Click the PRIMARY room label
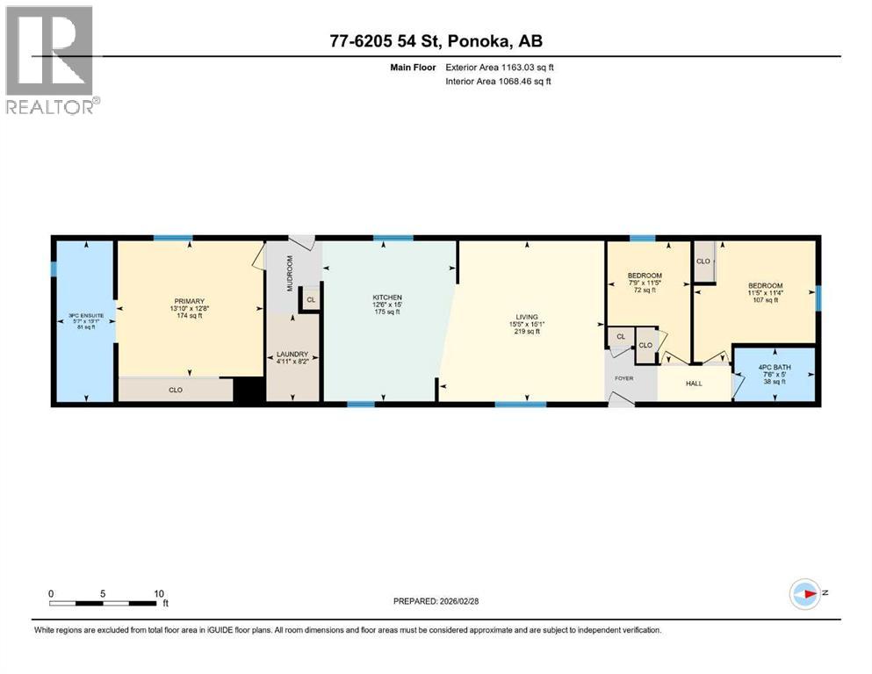189,301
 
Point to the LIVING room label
527,317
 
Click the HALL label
694,384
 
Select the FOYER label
623,378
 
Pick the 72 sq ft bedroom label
645,276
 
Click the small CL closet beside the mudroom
310,300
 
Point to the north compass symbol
804,594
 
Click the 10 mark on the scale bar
158,593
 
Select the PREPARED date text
436,601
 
